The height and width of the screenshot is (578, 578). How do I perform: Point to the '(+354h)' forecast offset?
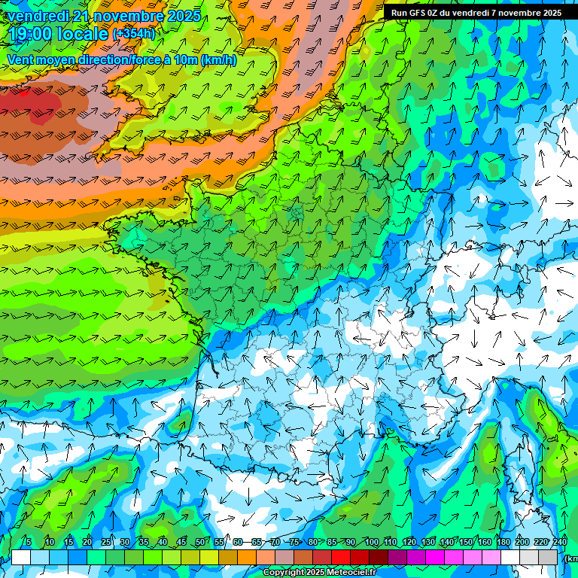click(x=134, y=34)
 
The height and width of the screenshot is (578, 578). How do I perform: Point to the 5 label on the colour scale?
click(x=29, y=542)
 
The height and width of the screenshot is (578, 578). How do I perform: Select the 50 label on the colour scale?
click(x=199, y=542)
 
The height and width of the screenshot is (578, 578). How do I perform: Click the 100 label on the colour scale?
click(x=371, y=542)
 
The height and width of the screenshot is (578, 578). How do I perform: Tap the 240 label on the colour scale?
click(x=560, y=542)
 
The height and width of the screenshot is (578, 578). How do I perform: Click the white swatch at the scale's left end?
click(x=21, y=557)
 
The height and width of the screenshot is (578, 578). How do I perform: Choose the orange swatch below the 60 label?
click(x=247, y=557)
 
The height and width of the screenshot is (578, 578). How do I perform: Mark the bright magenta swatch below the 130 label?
click(x=436, y=557)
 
